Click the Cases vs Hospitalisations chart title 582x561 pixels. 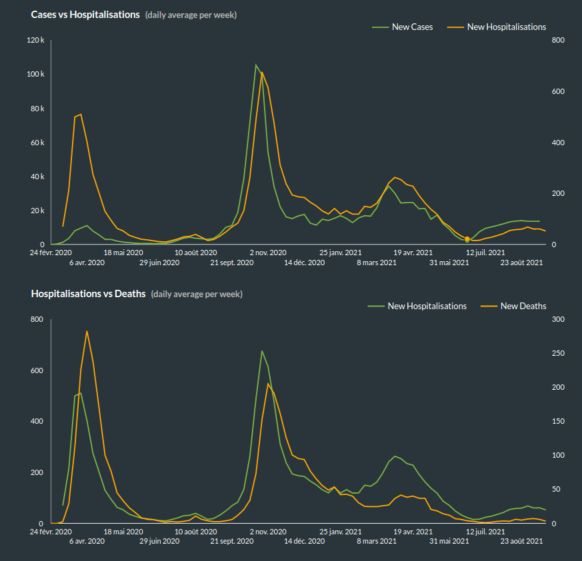click(x=85, y=15)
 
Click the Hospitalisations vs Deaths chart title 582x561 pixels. click(x=88, y=294)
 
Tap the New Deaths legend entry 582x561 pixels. click(x=523, y=306)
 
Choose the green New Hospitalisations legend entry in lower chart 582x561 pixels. click(x=427, y=306)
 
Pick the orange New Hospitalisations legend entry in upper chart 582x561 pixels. click(x=506, y=27)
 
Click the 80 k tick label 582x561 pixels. click(x=37, y=109)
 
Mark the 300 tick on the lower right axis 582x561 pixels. click(x=559, y=320)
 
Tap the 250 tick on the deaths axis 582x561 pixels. click(x=559, y=354)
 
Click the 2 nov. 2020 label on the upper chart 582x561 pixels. click(x=268, y=253)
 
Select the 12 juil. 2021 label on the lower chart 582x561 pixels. click(x=485, y=532)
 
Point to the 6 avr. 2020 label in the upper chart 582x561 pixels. click(x=87, y=263)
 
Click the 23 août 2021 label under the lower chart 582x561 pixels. click(x=522, y=542)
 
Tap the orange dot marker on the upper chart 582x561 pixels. click(x=467, y=239)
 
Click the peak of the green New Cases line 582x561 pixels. click(x=256, y=65)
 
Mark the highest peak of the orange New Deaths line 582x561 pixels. click(x=87, y=331)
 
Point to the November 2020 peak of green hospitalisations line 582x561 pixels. click(x=262, y=351)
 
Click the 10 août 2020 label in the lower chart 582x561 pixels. click(x=196, y=532)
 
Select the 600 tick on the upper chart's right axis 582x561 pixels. click(x=559, y=92)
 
